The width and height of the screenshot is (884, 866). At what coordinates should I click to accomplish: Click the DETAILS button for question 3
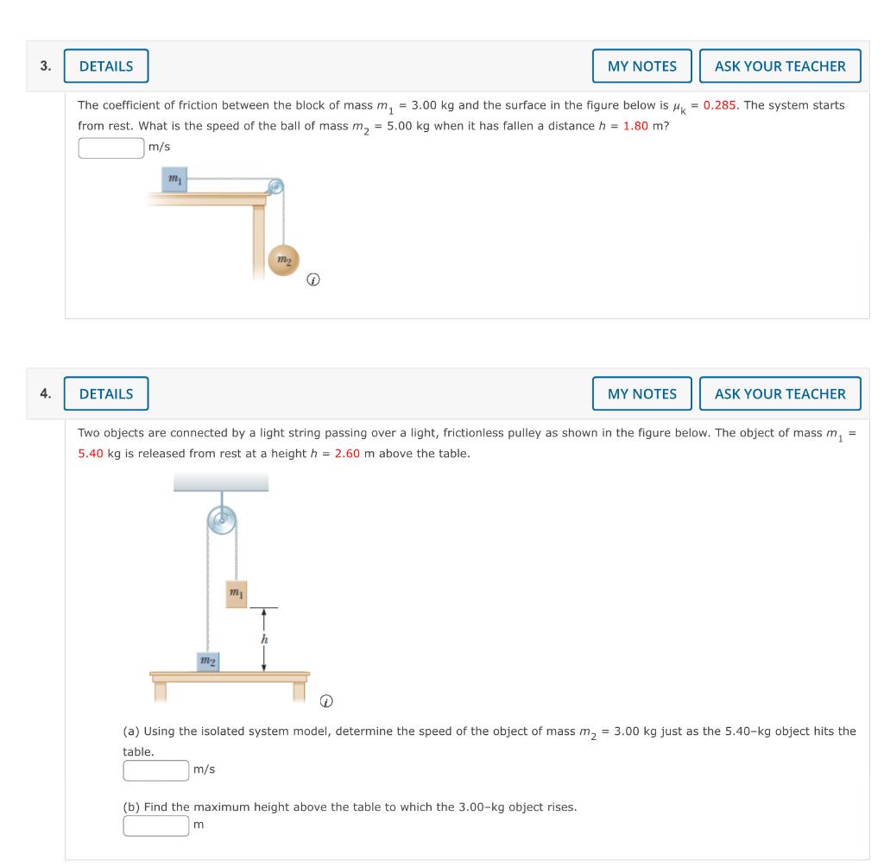tap(106, 66)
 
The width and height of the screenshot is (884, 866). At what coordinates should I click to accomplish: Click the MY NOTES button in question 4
tap(641, 394)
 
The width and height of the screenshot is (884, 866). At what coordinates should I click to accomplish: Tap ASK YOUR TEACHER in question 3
tap(780, 66)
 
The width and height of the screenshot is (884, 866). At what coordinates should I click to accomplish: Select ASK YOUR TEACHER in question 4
tap(780, 394)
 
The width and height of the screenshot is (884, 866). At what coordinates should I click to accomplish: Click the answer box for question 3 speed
tap(111, 148)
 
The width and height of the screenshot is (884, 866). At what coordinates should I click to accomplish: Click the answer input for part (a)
tap(156, 769)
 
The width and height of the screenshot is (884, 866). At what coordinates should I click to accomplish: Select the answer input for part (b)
tap(156, 825)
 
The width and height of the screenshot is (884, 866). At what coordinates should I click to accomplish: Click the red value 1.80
tap(635, 126)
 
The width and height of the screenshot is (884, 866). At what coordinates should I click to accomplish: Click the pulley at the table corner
tap(275, 186)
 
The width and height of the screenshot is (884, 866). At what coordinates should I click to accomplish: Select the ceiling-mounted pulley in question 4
tap(222, 521)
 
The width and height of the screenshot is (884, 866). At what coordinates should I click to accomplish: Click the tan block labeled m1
tap(237, 593)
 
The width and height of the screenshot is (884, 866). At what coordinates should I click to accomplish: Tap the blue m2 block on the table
tap(207, 661)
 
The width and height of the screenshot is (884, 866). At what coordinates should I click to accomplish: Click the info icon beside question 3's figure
tap(314, 280)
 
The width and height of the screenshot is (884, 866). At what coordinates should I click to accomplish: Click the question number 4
tap(45, 394)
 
